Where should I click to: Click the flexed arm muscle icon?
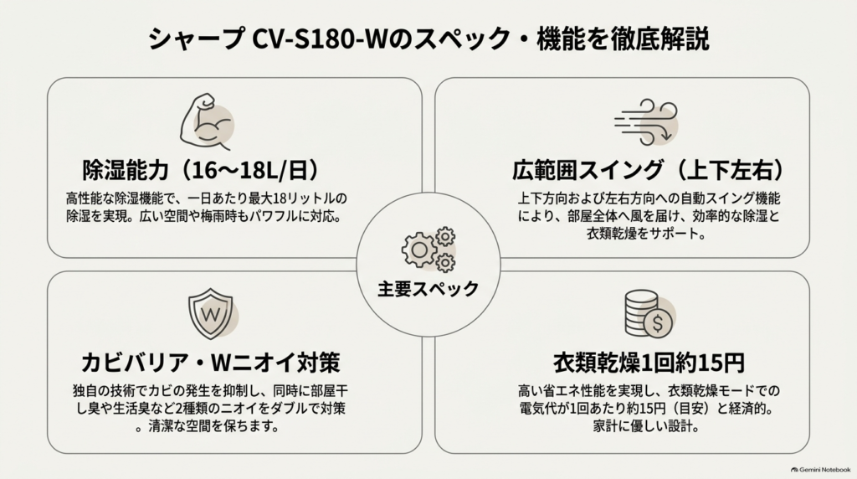pos(206,121)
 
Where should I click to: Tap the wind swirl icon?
pos(645,122)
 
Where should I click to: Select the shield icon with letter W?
pos(210,314)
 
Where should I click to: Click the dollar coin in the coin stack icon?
pos(658,323)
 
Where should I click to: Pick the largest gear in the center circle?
pos(419,250)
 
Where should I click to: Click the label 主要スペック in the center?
pos(428,289)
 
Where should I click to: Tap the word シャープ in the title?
pos(197,39)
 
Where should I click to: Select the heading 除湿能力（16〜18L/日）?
pos(201,171)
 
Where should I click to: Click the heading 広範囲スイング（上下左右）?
pos(649,171)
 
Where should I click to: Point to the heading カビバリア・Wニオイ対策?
pos(210,363)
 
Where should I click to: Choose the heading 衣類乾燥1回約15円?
pos(649,363)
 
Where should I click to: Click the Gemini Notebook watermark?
pos(820,470)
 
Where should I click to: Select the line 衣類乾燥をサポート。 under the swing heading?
pos(646,234)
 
